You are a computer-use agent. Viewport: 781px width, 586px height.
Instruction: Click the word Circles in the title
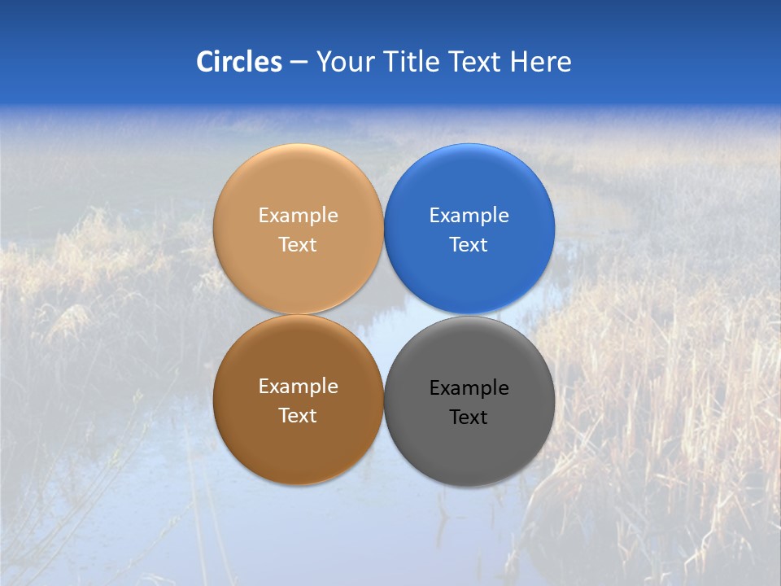[x=239, y=62]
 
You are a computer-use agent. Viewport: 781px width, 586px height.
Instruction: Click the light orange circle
[x=298, y=187]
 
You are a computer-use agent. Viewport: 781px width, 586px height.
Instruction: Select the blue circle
[x=469, y=187]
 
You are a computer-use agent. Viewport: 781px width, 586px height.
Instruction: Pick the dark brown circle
[x=298, y=444]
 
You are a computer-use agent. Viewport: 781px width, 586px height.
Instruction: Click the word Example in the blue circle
[x=469, y=216]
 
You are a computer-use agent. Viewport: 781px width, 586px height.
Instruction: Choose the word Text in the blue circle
[x=469, y=244]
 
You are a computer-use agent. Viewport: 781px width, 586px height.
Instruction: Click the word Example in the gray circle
[x=469, y=388]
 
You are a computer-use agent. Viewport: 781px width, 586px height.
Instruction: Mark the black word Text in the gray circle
[x=469, y=417]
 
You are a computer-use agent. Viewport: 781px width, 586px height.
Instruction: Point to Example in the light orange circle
[x=298, y=216]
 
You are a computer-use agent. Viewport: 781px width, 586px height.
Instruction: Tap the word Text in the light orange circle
[x=298, y=244]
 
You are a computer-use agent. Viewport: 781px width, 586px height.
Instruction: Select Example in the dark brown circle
[x=298, y=387]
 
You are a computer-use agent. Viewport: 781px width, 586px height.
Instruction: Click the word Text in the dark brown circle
[x=298, y=415]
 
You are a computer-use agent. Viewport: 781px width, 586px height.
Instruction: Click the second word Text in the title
[x=476, y=62]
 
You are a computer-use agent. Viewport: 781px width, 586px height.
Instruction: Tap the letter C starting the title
[x=205, y=62]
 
